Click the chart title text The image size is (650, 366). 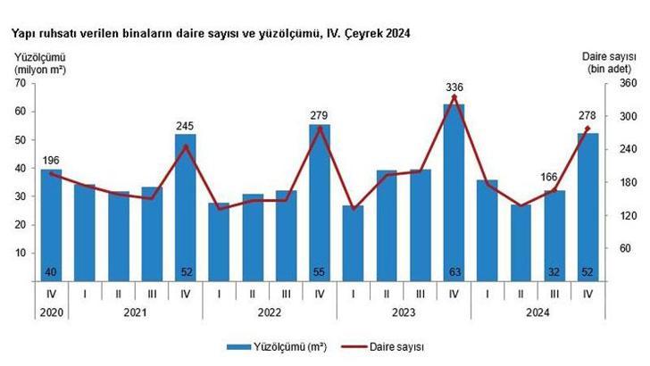point(211,33)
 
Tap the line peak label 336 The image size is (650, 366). point(454,87)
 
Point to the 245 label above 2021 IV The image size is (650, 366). point(185,127)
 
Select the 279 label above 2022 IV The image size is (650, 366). point(319,114)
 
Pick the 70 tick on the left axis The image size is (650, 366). point(21,83)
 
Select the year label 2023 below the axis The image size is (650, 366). point(403,312)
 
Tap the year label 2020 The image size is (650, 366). point(51,312)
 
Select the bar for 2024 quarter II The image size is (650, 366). point(521,243)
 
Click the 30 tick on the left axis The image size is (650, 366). point(21,196)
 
